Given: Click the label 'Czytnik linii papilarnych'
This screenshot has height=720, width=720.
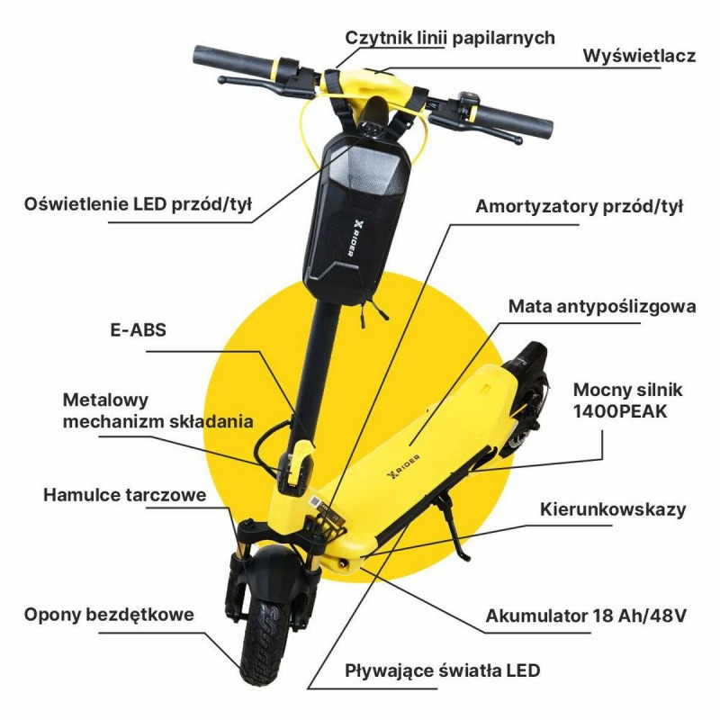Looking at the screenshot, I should click(x=450, y=38).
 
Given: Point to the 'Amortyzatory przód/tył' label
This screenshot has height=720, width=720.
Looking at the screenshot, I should click(x=580, y=205).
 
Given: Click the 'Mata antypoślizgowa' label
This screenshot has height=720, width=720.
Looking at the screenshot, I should click(x=602, y=306).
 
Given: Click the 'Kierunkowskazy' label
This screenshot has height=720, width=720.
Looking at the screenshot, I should click(x=613, y=509).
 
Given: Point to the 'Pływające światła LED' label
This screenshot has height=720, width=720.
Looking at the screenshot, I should click(x=443, y=670).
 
